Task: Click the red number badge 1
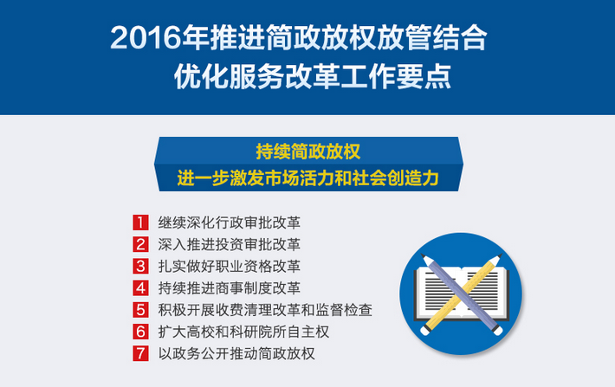140,223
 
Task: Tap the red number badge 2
140,244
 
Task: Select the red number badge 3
140,267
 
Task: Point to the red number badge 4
140,288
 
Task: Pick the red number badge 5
140,310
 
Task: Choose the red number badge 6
140,332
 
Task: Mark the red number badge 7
140,353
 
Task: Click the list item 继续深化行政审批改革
229,223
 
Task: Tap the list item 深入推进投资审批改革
229,245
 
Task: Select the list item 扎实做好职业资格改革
229,267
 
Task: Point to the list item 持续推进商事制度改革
229,288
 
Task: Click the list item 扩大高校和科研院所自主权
243,332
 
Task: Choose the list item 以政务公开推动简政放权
236,354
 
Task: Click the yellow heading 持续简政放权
307,152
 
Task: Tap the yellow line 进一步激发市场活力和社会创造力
307,178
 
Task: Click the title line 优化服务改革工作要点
313,76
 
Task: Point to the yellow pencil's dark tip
500,255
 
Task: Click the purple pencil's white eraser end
498,331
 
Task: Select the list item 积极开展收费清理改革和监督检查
265,310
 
